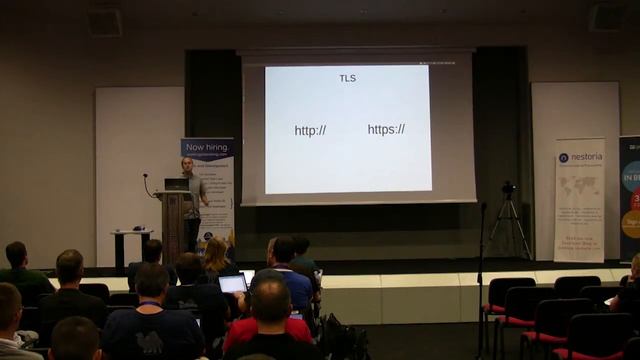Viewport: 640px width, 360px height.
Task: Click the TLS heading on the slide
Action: (x=347, y=78)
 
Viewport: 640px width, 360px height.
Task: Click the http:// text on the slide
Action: (x=310, y=130)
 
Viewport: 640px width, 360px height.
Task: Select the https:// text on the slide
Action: (x=386, y=129)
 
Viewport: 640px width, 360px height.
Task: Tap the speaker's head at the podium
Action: (x=187, y=164)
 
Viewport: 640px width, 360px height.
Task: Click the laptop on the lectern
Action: (x=176, y=185)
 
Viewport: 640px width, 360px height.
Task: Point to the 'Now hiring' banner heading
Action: (x=208, y=147)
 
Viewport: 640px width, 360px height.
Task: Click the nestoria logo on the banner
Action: (x=579, y=157)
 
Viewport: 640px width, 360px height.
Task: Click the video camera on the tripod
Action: (x=508, y=188)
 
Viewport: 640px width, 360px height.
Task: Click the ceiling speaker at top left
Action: (x=104, y=22)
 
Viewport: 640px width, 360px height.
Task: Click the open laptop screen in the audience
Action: (x=232, y=284)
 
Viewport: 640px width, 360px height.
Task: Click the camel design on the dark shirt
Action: (x=151, y=343)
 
